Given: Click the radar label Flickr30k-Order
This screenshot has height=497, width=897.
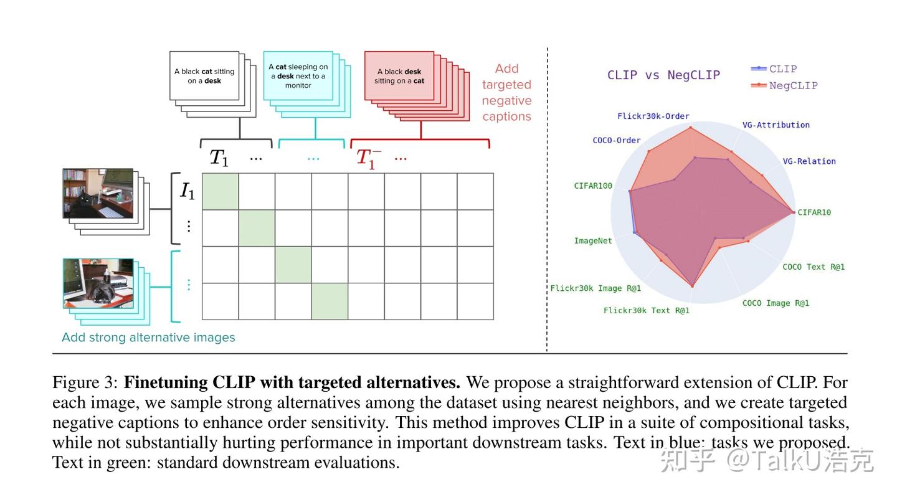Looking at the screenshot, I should [653, 116].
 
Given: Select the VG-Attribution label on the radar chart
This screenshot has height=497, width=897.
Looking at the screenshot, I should [776, 125].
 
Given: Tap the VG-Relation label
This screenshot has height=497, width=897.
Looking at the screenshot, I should [809, 161].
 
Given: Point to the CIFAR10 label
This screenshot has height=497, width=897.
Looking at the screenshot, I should [814, 212].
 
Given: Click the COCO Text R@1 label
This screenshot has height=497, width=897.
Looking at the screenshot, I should [814, 267].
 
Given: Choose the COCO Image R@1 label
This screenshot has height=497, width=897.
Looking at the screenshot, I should [776, 303].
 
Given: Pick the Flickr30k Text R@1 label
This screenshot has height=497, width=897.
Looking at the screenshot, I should [646, 310].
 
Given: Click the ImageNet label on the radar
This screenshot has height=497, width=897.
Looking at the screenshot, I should [593, 241].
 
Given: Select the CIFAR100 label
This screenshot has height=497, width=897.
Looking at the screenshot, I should [593, 186].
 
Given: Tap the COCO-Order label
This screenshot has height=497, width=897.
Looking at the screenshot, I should [616, 141].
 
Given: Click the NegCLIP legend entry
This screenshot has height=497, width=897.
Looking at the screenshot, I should [792, 85].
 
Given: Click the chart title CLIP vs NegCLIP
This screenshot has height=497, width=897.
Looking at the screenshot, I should [663, 75].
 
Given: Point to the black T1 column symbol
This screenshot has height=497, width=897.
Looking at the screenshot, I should [219, 158].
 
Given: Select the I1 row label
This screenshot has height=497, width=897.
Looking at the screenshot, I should [187, 191].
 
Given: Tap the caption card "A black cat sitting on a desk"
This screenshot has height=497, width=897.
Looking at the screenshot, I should [204, 76].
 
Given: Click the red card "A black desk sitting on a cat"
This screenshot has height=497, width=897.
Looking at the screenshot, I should [399, 76].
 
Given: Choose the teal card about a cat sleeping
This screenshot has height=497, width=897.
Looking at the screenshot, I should [298, 76].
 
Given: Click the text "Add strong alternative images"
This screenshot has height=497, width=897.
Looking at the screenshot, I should [148, 338].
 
